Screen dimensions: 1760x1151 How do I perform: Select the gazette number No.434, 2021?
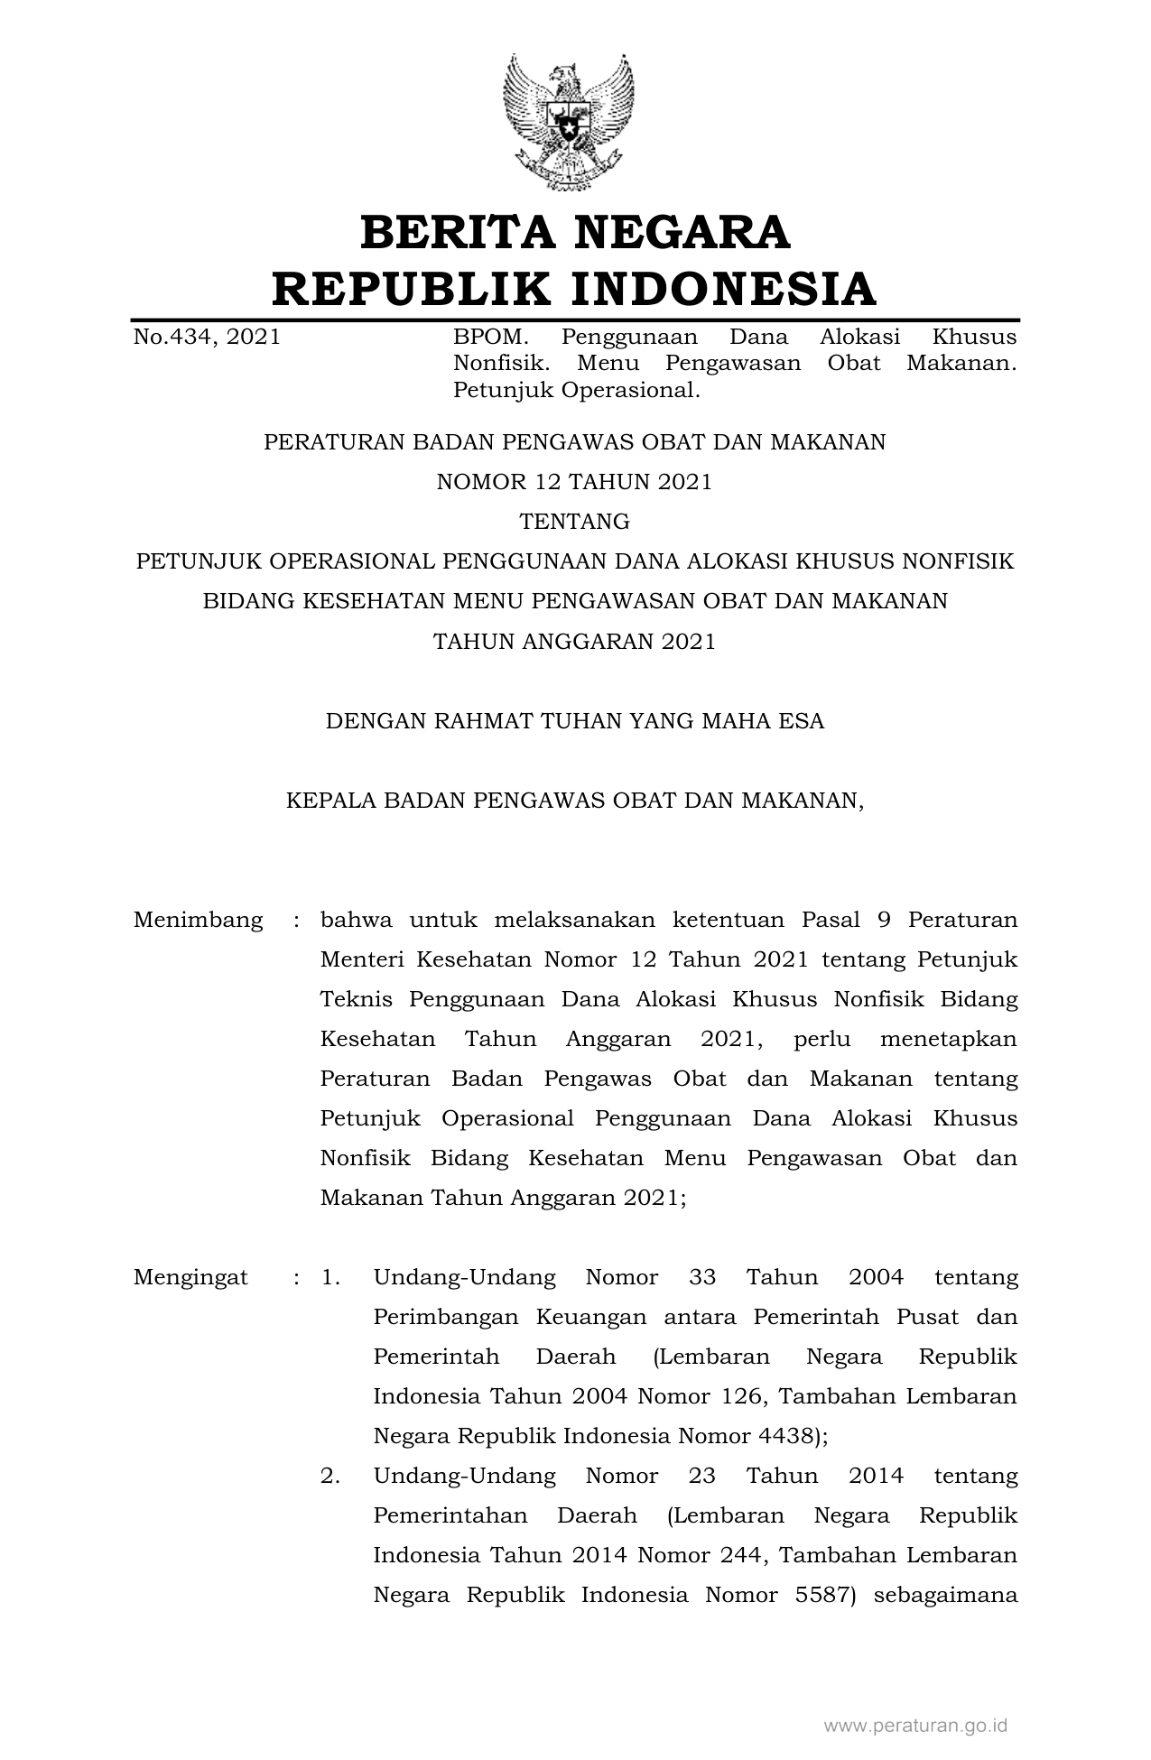click(207, 338)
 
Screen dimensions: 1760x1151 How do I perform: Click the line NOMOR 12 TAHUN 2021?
click(574, 482)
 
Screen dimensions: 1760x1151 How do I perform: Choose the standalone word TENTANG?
click(574, 522)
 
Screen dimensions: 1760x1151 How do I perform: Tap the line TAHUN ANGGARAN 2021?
click(574, 642)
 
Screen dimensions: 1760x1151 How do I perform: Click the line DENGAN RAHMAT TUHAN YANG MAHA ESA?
click(574, 721)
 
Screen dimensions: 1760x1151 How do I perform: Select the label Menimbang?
click(198, 920)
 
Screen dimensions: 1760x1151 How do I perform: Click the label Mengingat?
click(190, 1277)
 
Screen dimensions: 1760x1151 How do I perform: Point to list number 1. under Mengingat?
click(330, 1277)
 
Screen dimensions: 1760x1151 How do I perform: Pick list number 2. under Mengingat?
click(330, 1476)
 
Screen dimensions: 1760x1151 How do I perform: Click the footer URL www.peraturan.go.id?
click(915, 1726)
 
